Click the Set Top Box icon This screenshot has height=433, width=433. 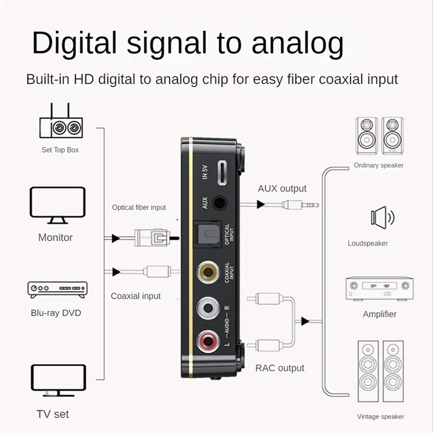[60, 124]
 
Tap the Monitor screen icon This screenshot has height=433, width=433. [57, 205]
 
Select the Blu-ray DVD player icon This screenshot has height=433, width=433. [57, 289]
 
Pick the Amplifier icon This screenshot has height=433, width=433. [379, 289]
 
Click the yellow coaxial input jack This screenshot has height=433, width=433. [209, 271]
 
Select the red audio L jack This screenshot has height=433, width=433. [208, 340]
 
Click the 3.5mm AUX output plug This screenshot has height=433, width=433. [298, 205]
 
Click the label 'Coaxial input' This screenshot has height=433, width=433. [136, 296]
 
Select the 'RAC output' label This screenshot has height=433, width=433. [279, 368]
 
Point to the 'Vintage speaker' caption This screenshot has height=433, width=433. [380, 416]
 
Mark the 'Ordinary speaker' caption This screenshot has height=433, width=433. [378, 165]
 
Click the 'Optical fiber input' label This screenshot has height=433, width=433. [139, 207]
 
